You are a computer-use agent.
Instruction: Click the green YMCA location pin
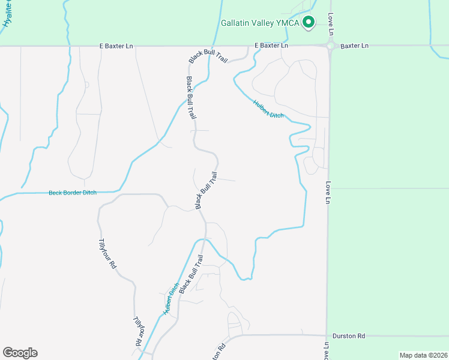coord(309,23)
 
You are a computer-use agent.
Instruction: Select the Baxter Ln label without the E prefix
coord(355,46)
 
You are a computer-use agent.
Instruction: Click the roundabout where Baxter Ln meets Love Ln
coord(330,46)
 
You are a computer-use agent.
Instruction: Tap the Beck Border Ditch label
coord(72,193)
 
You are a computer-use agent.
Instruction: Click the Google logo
coord(20,353)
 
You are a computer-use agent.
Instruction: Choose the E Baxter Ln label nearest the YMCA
coord(271,46)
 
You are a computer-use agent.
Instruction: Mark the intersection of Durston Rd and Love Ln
coord(328,336)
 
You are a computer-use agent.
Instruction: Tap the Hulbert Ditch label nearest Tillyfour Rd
coord(171,298)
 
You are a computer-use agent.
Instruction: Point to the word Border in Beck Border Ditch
coord(73,193)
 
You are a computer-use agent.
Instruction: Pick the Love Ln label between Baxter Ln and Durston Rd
coord(328,192)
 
